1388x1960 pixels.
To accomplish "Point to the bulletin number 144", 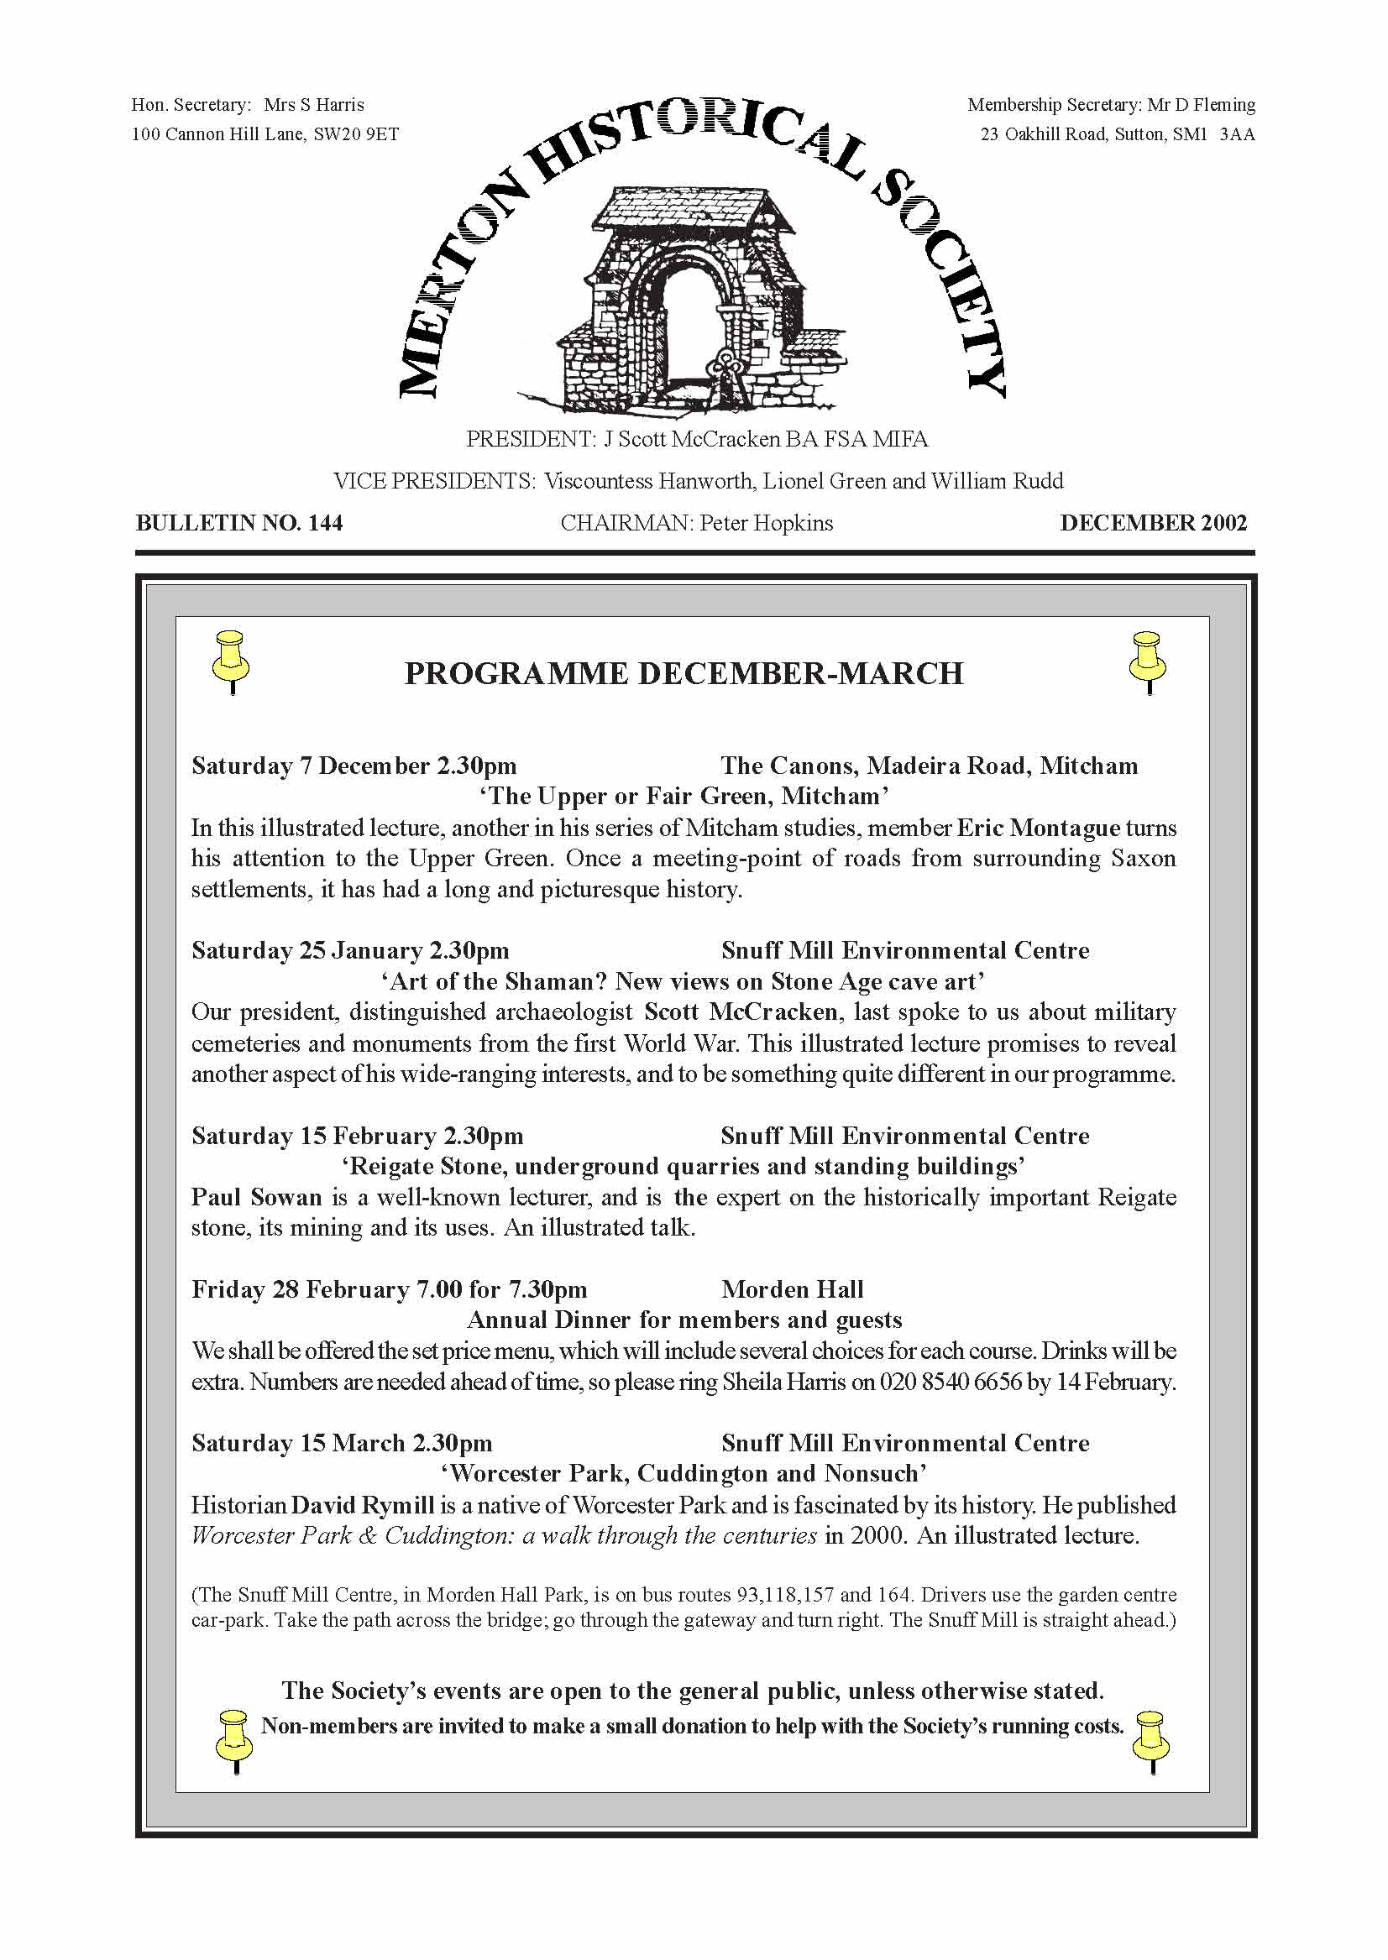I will [325, 523].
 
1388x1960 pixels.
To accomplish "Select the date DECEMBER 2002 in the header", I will [1153, 523].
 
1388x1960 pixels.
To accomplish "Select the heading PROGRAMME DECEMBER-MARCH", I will [684, 673].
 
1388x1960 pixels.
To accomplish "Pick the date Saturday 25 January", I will [307, 950].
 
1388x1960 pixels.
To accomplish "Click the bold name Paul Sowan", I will [256, 1197].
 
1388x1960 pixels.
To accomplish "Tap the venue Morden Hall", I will [793, 1289].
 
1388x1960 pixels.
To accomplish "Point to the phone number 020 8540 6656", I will [951, 1382].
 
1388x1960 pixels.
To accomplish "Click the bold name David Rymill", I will [363, 1504].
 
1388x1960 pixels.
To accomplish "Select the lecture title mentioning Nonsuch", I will [684, 1474].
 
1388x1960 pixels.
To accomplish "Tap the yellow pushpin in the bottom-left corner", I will [233, 1740].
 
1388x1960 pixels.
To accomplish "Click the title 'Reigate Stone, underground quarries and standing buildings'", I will [684, 1166].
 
